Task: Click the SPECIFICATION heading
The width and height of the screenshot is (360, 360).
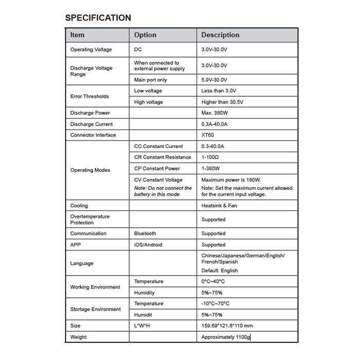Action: click(x=98, y=17)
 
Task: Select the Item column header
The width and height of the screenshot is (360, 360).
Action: click(x=77, y=35)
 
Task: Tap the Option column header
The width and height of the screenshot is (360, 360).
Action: click(x=145, y=35)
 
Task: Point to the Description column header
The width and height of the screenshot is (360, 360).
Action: click(x=220, y=35)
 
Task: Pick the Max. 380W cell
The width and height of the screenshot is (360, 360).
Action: click(x=213, y=113)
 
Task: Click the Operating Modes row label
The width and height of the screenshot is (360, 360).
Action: click(x=90, y=170)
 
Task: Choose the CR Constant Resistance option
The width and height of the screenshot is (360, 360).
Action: click(x=162, y=157)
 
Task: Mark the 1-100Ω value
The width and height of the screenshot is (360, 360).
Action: click(x=211, y=157)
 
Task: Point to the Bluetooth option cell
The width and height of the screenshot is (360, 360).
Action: click(x=145, y=233)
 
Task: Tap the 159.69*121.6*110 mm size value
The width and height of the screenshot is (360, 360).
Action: click(x=227, y=326)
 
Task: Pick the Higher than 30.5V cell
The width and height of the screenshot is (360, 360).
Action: click(x=222, y=102)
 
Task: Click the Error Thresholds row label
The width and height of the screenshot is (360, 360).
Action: click(x=89, y=96)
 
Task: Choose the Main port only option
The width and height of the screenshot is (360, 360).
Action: click(x=151, y=80)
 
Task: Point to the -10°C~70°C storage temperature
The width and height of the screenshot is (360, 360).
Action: click(x=215, y=303)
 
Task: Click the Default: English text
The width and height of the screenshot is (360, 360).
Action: click(x=220, y=271)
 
